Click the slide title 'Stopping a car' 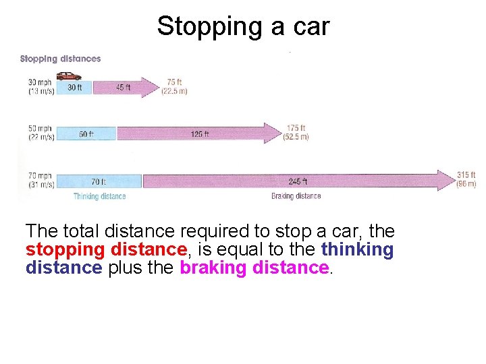point(243,26)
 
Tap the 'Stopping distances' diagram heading point(60,59)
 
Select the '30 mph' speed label point(40,83)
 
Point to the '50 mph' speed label point(40,129)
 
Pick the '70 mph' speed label point(40,175)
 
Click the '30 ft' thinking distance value point(75,87)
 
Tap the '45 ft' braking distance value point(123,87)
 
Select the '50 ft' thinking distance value point(86,133)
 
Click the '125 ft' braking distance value point(199,133)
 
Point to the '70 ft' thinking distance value point(98,181)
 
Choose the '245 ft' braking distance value point(298,181)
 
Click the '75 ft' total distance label point(174,83)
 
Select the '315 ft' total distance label point(466,175)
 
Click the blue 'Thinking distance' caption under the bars point(99,196)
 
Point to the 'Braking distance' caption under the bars point(296,196)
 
